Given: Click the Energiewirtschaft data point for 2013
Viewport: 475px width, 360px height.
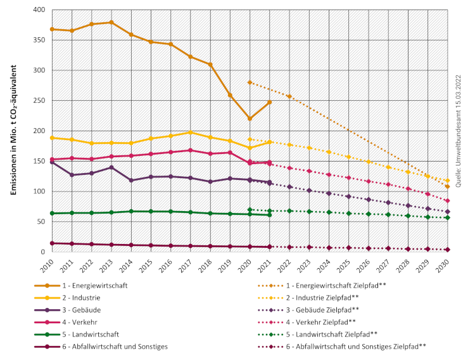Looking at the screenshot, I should (111, 22).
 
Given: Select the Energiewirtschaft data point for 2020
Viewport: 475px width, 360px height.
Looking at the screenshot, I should (250, 119).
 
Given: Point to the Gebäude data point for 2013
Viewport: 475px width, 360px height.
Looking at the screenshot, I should (111, 167).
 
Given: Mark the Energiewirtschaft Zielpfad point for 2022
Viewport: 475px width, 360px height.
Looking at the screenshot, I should (289, 96).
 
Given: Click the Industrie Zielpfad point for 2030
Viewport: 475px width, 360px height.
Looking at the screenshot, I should (447, 181).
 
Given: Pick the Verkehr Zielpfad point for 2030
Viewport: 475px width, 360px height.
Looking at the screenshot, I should (447, 201).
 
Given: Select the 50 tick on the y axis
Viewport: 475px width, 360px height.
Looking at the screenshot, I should (40, 222).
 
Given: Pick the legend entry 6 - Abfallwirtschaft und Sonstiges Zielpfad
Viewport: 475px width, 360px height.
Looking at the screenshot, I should (348, 346).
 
